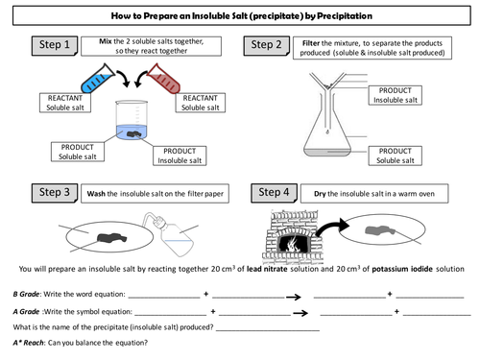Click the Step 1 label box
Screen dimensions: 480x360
coord(55,45)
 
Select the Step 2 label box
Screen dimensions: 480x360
coord(266,46)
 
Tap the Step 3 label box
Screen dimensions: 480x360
coord(55,193)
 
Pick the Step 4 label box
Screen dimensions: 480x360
coord(274,193)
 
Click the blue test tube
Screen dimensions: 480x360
coord(97,79)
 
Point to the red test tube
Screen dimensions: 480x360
coord(164,79)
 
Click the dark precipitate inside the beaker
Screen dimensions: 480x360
coord(134,134)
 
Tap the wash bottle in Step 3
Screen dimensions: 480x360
coord(170,233)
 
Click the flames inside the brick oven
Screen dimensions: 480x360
coord(291,244)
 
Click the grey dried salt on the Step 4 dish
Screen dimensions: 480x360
coord(380,230)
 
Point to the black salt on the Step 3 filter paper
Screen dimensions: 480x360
coord(111,238)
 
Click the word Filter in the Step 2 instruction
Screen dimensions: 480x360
coord(311,43)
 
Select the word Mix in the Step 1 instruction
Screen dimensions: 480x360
coord(106,41)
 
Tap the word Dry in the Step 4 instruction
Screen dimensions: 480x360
coord(320,194)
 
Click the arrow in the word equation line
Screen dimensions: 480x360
coord(294,297)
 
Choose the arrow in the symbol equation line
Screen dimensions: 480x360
coord(300,313)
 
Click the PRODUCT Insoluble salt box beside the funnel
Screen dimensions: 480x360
coord(395,95)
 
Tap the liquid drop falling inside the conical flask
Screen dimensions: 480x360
coord(327,132)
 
